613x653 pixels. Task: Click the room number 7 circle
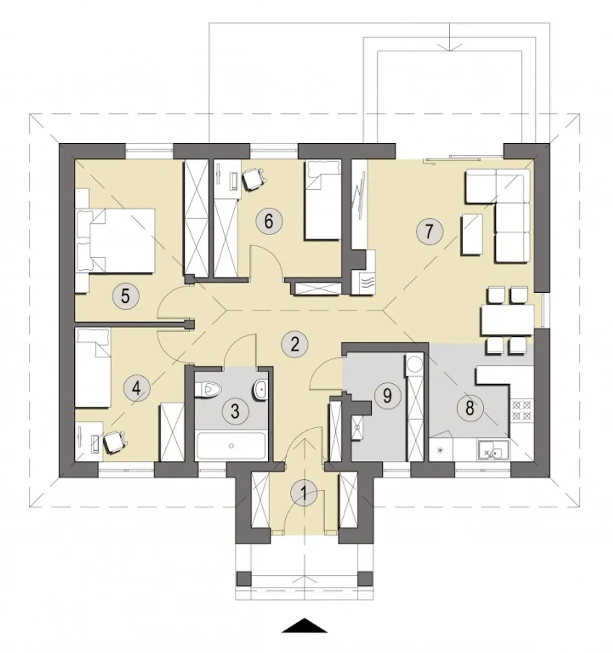coord(429,231)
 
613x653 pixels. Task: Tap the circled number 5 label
coord(125,296)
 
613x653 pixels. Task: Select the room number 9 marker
coord(387,395)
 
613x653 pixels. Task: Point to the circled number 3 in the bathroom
coord(235,411)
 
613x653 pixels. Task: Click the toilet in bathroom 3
coord(208,390)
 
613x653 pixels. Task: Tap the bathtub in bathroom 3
coord(231,446)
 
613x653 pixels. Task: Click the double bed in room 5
coord(115,241)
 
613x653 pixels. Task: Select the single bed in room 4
coord(93,367)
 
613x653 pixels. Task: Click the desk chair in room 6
coord(253,179)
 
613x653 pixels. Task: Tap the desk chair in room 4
coord(115,442)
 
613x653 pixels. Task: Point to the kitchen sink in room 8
coord(492,450)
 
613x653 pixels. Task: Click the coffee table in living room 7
coord(472,234)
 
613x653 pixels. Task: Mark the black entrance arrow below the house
coord(305,626)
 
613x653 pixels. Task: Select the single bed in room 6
coord(323,200)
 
